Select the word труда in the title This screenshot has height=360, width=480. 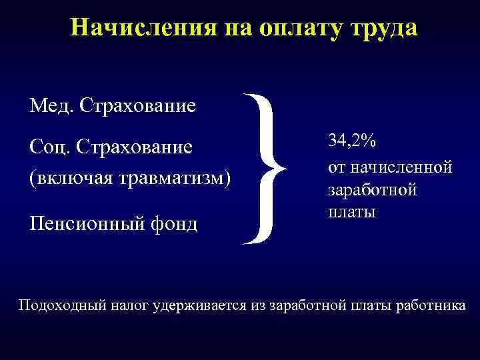click(381, 27)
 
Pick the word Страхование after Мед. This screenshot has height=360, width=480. click(136, 105)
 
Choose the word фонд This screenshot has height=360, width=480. click(177, 223)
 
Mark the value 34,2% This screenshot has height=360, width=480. click(351, 141)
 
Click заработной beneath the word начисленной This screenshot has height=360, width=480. click(373, 189)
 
